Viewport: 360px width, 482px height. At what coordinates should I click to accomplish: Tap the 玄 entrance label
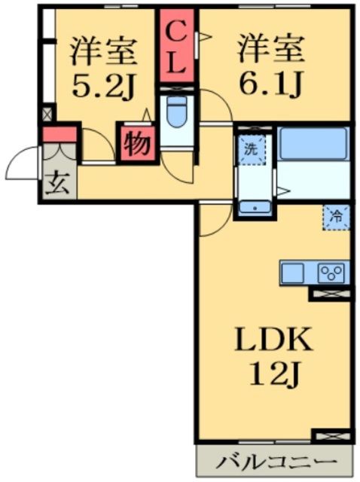pos(57,184)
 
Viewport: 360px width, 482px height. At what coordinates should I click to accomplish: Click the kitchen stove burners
pos(332,273)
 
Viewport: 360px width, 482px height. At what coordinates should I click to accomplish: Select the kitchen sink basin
pos(294,272)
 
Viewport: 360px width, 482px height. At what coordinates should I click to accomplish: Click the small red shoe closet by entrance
pos(59,136)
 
